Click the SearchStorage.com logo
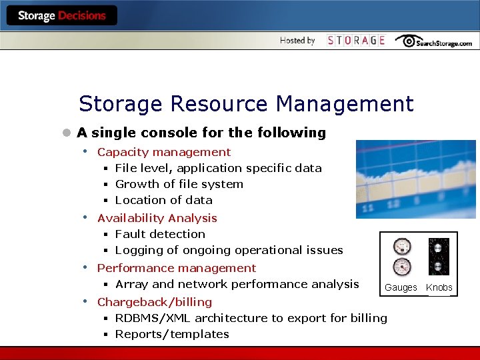point(433,41)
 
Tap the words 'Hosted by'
point(297,41)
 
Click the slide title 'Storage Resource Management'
point(246,104)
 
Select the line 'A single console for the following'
point(201,133)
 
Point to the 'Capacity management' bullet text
point(164,152)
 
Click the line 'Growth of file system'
point(179,184)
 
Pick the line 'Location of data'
point(163,200)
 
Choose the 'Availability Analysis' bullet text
point(157,218)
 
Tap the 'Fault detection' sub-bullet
point(160,234)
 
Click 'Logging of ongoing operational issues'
point(229,250)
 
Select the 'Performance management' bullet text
point(177,268)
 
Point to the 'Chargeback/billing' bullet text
point(155,302)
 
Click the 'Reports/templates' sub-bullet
point(172,334)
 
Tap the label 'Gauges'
point(401,287)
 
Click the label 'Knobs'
point(439,287)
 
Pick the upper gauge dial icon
point(402,247)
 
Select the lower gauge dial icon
point(402,267)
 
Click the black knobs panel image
point(439,257)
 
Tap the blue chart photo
point(417,179)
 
